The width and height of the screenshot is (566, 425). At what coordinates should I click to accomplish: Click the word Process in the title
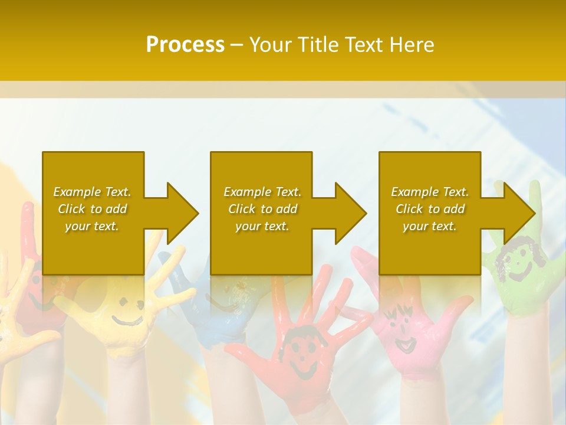[x=185, y=45]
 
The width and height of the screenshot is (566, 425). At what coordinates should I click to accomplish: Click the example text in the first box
[x=92, y=209]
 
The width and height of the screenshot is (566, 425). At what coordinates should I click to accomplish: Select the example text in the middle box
[x=262, y=209]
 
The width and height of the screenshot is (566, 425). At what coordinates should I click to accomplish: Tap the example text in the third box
[x=429, y=209]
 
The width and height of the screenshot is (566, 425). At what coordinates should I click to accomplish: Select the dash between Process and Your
[x=236, y=45]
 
